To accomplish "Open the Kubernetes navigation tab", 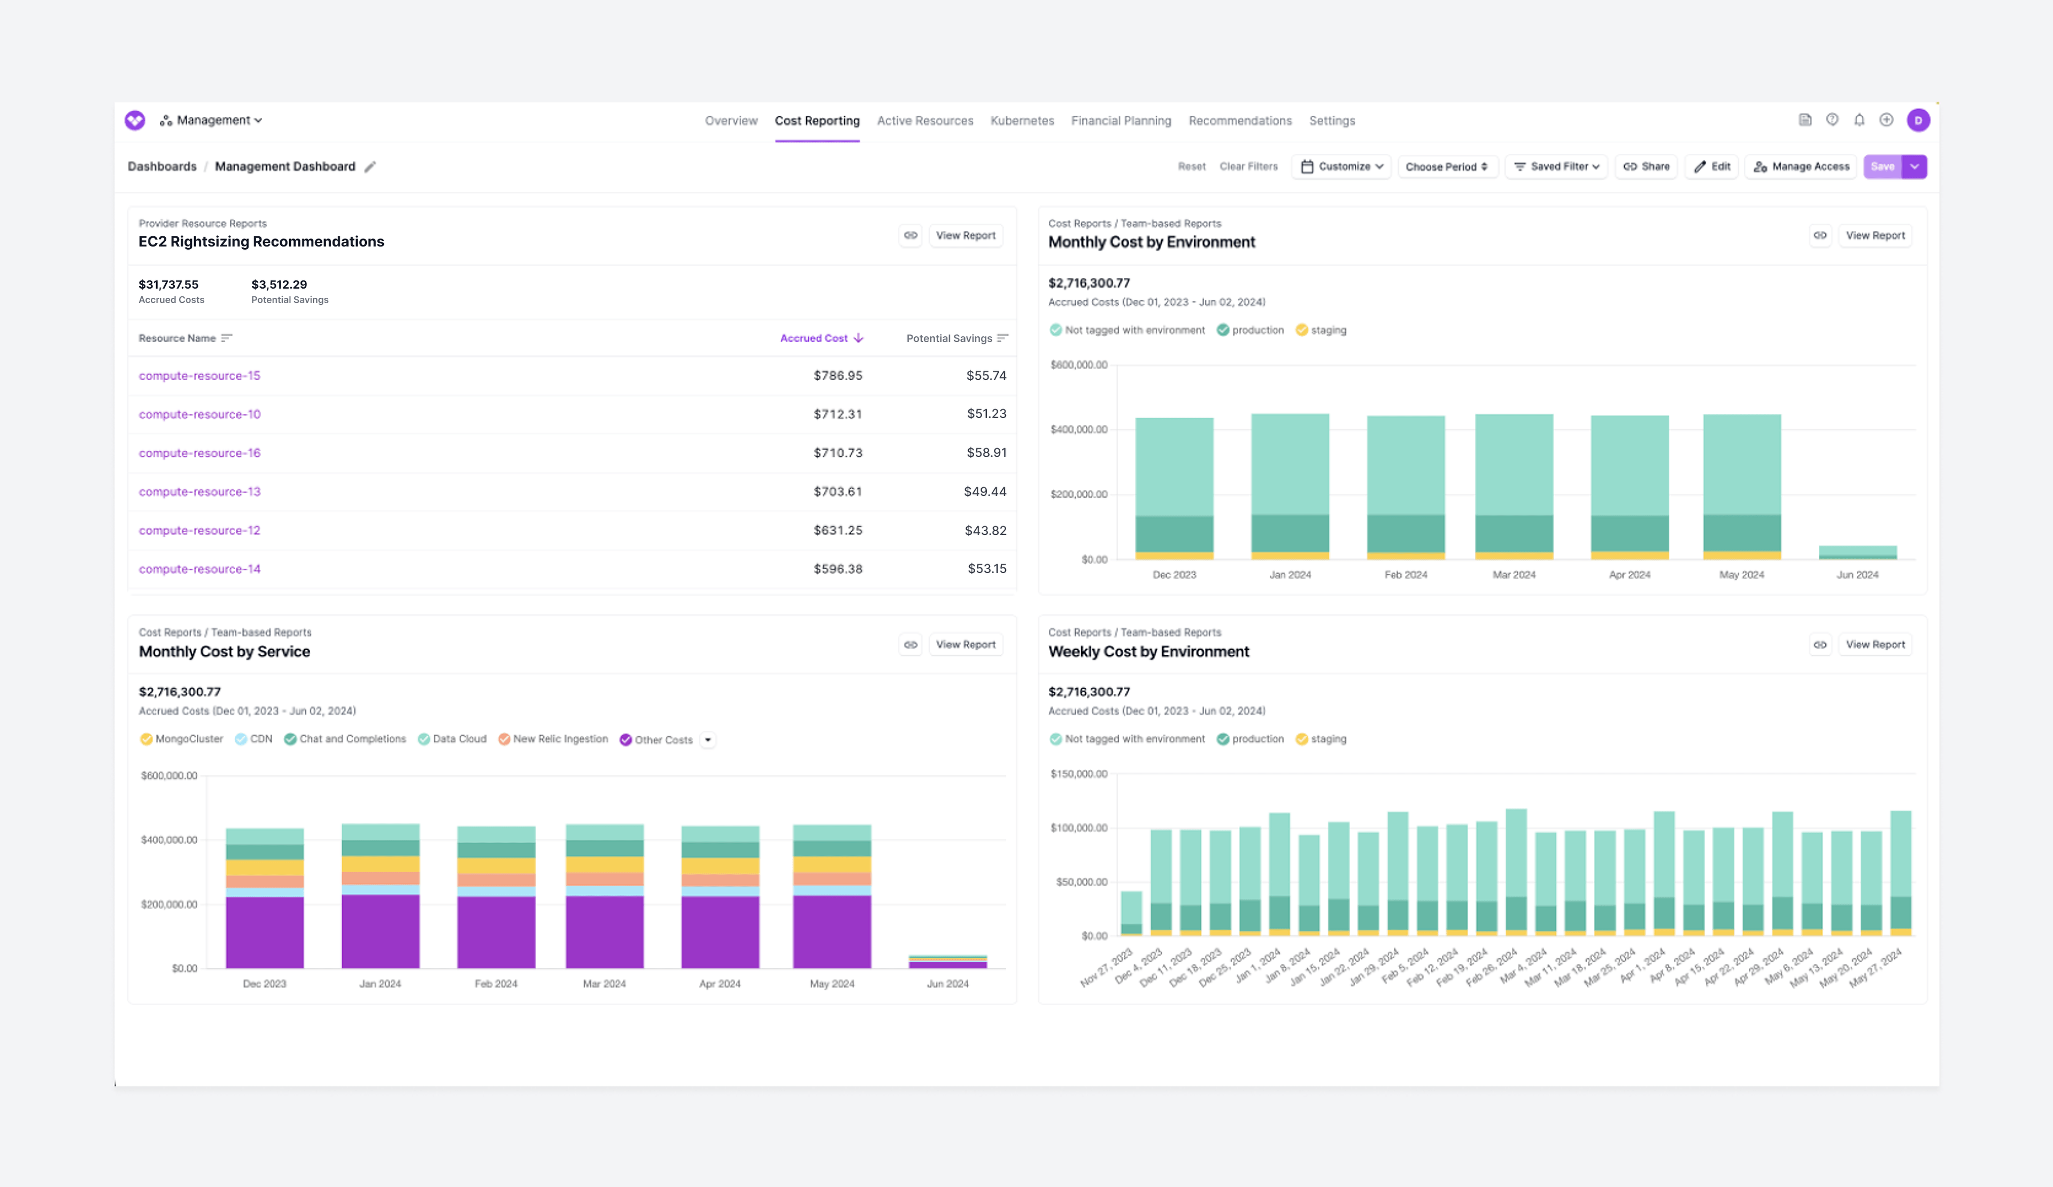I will click(1022, 121).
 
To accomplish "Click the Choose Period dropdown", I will click(1447, 166).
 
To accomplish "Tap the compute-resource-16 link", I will click(199, 453).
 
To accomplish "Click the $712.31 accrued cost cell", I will click(837, 414).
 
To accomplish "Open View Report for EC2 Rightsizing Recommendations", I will click(966, 235).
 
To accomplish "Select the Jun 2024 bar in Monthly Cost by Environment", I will click(1857, 552).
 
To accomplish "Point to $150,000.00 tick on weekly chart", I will click(1079, 774).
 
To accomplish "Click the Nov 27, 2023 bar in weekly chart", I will click(1131, 913).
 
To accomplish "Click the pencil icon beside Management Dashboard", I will click(370, 167).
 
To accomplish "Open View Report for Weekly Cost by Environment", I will click(1874, 644).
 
